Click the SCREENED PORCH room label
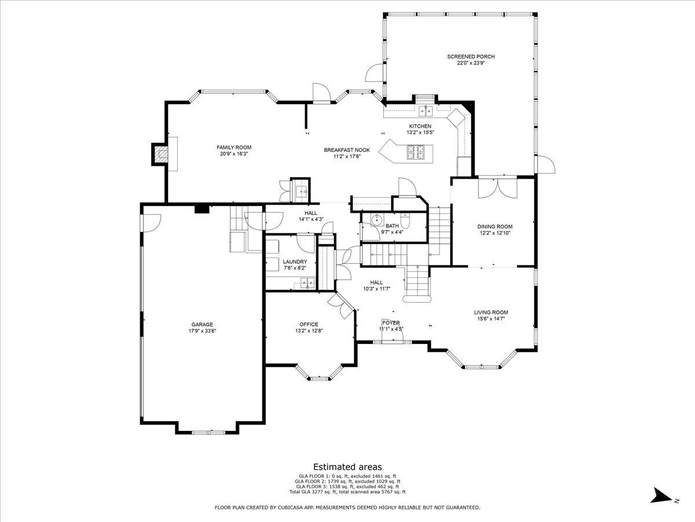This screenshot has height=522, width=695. tap(470, 57)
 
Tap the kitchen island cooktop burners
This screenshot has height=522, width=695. tap(415, 151)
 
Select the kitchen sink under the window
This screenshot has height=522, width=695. tap(426, 111)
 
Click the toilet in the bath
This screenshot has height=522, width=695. tap(405, 219)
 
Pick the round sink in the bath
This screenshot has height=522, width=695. tap(377, 219)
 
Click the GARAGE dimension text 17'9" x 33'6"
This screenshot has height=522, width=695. tap(202, 331)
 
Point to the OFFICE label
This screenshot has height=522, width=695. tap(309, 324)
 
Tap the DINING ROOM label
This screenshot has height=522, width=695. tap(495, 227)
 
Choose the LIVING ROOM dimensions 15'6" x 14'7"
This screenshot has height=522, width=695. tap(491, 319)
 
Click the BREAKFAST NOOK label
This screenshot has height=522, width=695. tap(347, 150)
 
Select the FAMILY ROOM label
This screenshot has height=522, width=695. tap(234, 147)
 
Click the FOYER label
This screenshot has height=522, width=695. tap(391, 322)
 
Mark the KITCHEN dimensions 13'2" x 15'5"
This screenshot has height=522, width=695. tap(420, 132)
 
